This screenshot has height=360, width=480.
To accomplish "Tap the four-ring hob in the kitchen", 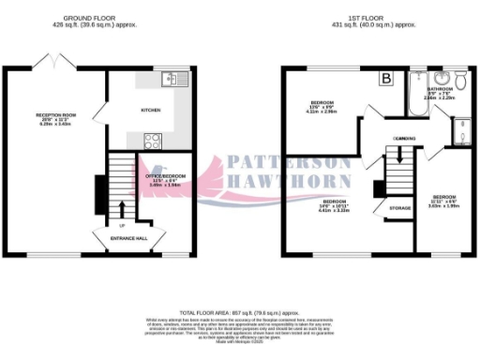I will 151,141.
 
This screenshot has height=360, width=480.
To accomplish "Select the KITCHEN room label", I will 150,110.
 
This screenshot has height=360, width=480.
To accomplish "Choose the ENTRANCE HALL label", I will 127,239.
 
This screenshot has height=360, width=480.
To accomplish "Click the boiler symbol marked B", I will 384,81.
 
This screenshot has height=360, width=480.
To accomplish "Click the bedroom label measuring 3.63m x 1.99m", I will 442,204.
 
